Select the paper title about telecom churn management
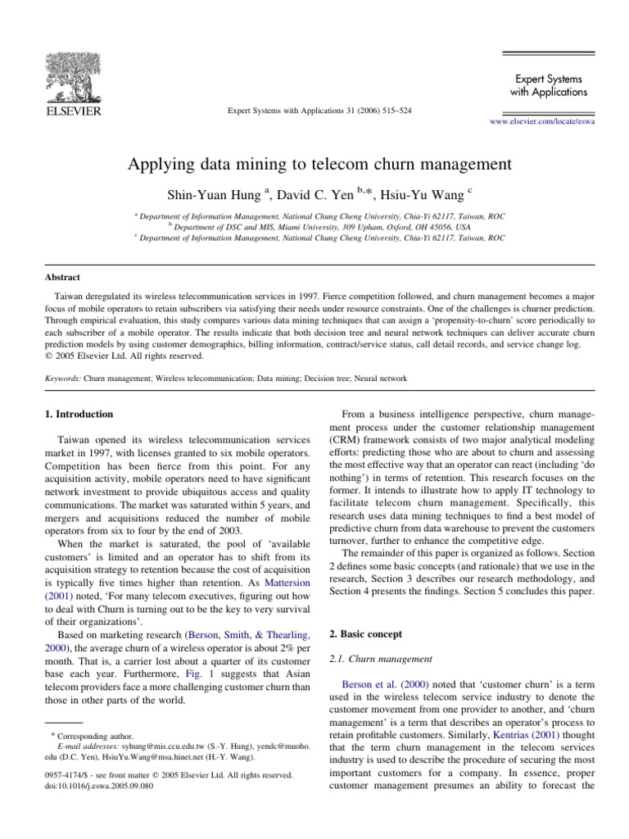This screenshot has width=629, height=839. pyautogui.click(x=319, y=164)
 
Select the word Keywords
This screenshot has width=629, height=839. pyautogui.click(x=62, y=379)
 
